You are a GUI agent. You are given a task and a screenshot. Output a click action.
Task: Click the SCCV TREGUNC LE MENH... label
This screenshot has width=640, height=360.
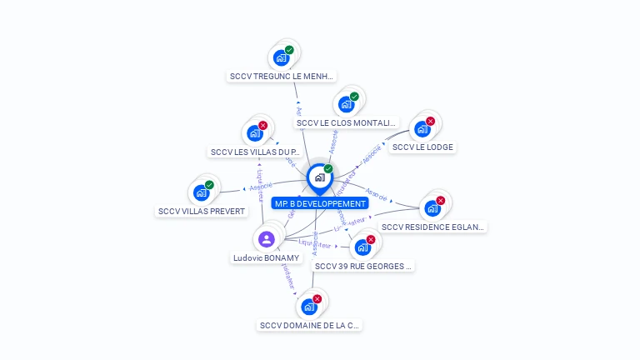tap(282, 76)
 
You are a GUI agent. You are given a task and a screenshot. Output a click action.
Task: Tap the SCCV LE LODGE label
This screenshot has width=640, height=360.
tap(423, 147)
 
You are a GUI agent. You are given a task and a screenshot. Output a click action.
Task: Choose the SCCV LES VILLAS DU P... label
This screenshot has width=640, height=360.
tap(255, 152)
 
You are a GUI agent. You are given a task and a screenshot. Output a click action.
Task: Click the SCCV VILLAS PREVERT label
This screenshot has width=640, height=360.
tap(202, 211)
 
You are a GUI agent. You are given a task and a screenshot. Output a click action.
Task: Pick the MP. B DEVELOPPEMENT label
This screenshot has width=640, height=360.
tap(320, 203)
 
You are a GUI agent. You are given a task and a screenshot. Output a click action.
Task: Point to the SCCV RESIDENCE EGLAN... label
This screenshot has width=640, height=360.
tap(432, 226)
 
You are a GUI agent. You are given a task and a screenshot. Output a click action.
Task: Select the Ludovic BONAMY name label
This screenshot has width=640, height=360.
tap(266, 257)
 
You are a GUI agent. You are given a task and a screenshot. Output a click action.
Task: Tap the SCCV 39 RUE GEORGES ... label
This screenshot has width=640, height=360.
tap(362, 266)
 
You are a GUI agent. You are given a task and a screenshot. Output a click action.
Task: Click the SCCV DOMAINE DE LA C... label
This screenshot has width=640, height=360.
tap(310, 325)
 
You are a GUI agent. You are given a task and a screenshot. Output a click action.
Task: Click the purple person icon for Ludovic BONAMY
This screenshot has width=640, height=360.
tap(267, 240)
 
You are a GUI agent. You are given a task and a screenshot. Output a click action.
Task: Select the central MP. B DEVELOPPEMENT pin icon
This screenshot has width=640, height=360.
tap(319, 177)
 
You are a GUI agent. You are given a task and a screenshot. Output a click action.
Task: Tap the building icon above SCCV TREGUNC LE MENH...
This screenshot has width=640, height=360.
tap(281, 58)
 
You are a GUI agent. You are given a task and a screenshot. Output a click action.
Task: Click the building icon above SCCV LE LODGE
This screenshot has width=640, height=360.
tap(422, 129)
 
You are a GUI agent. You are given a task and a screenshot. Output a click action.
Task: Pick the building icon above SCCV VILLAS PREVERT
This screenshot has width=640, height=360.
tap(201, 193)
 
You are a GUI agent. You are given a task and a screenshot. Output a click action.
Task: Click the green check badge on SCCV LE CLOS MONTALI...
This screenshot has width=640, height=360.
tap(354, 97)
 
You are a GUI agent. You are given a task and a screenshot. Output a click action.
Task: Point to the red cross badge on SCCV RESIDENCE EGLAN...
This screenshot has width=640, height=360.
tap(441, 200)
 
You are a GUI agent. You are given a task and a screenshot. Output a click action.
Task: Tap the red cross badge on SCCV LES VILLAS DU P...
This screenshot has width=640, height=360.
tap(262, 125)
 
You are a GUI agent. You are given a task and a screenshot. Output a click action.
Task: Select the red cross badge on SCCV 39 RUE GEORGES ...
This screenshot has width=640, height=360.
tap(371, 239)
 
